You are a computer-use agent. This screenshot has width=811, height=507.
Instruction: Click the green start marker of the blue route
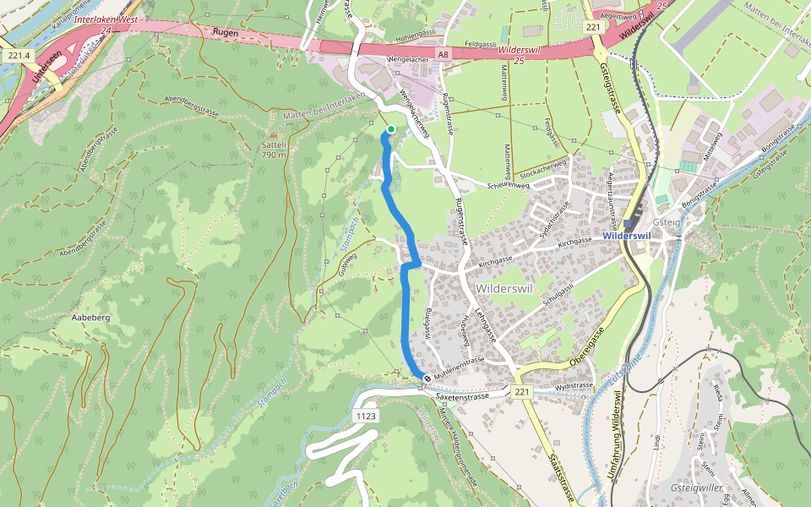point(390,129)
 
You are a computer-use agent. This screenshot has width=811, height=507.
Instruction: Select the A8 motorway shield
point(443,54)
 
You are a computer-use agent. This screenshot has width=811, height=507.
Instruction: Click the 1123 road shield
point(366,416)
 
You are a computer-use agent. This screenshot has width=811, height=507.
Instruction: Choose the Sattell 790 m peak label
point(274,150)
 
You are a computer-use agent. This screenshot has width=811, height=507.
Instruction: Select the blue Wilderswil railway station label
point(625,236)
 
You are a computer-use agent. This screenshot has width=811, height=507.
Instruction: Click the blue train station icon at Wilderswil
point(626,223)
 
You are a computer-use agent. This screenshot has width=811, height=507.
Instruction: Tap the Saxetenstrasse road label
point(462,395)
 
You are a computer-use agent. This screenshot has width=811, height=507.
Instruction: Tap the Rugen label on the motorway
point(226,33)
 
